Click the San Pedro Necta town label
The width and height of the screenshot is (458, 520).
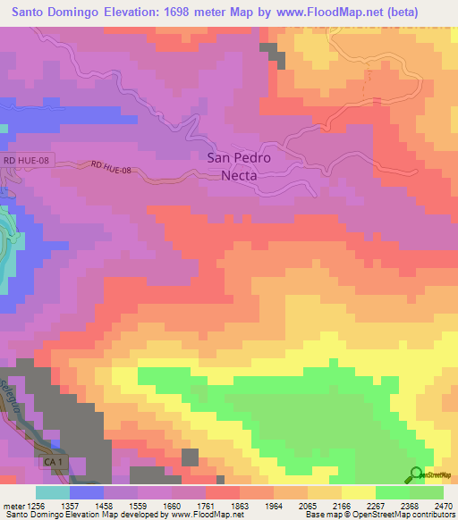coord(239,166)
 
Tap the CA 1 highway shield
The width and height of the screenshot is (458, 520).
coord(55,462)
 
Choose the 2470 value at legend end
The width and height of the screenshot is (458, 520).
coord(445,506)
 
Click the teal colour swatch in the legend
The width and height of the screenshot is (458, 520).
coord(53,492)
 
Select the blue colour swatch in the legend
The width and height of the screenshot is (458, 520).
coord(87,492)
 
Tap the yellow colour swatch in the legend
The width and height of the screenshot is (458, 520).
coord(358,492)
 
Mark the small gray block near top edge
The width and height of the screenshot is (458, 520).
coord(272,53)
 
